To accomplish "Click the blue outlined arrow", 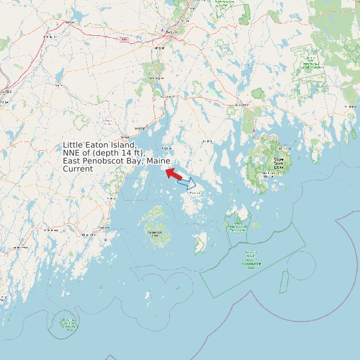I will pos(187,182).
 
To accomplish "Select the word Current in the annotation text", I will pos(78,169).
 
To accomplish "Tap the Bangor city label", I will pos(171,32).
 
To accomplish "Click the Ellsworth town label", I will pos(242,105).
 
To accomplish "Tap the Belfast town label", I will pos(140,128).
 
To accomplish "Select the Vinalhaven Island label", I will pos(155,233).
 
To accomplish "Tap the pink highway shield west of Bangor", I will pos(124,41).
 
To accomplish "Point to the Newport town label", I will pos(70,23).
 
